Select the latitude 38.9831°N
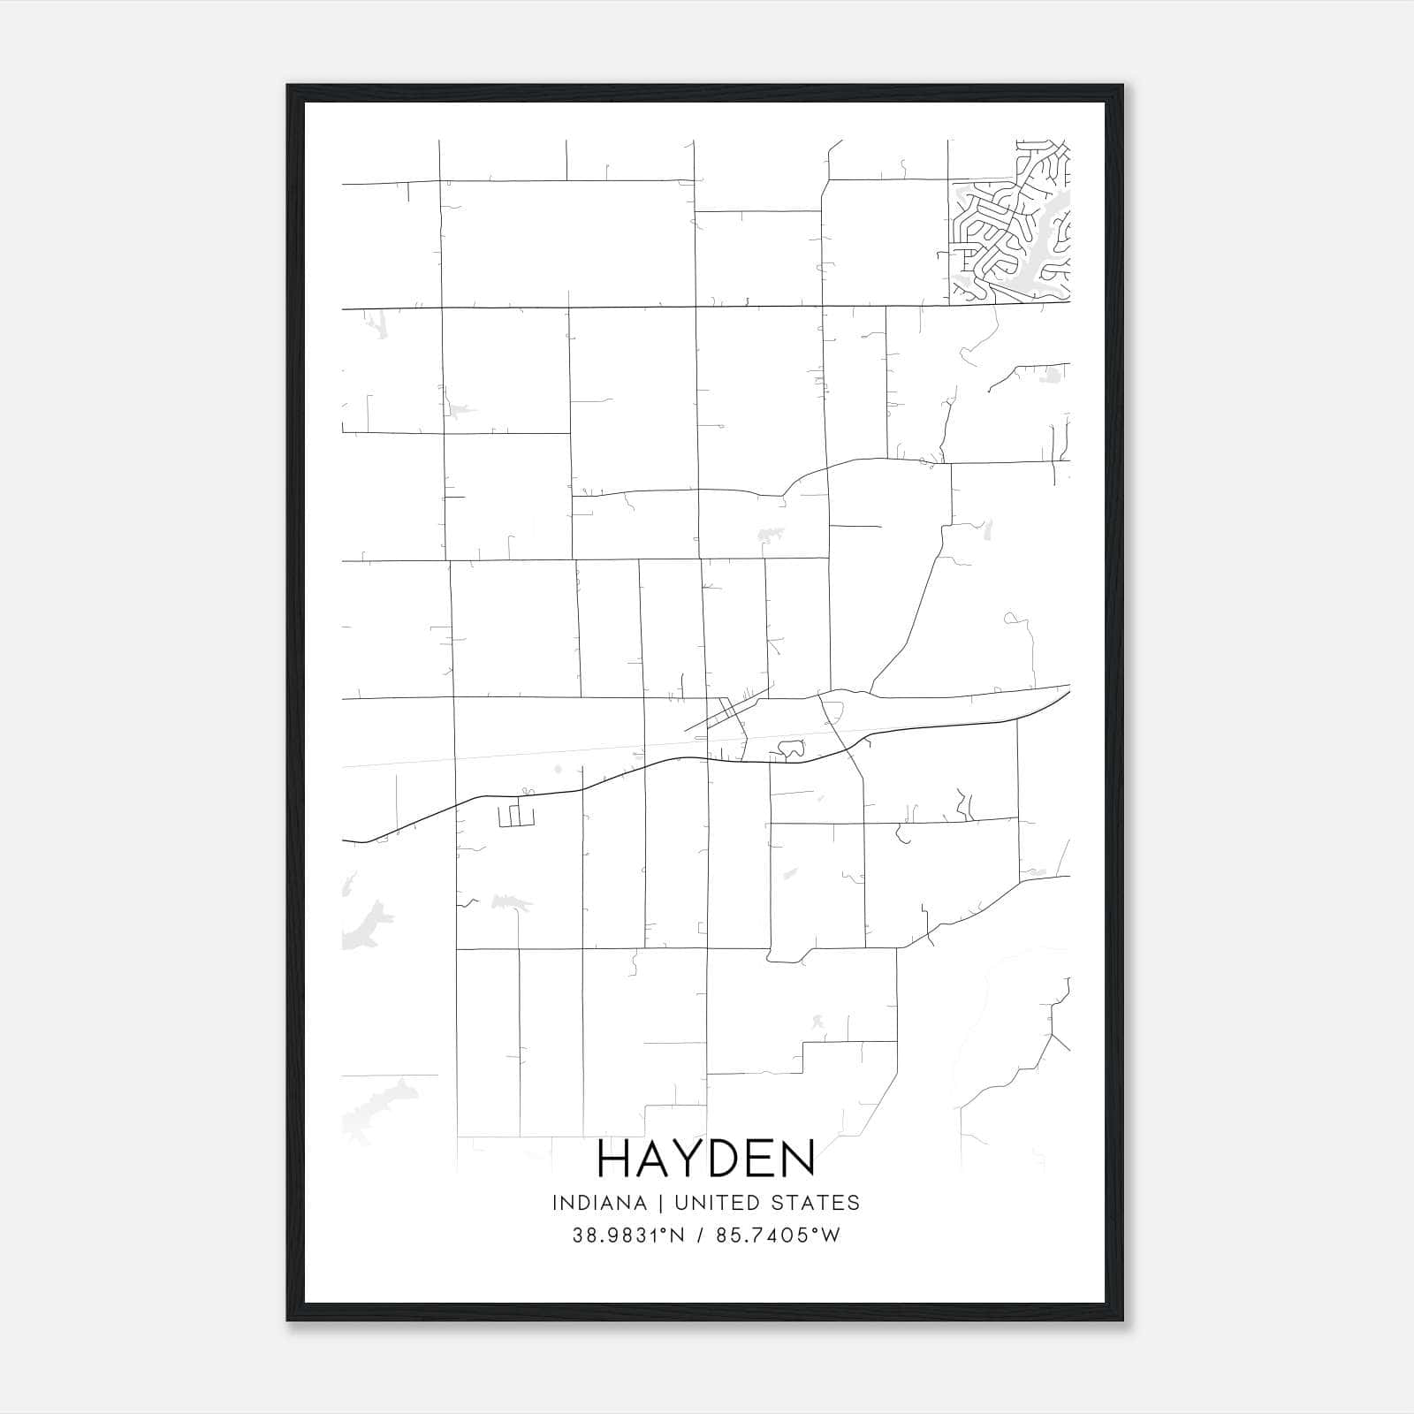(x=628, y=1235)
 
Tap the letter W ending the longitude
(x=831, y=1235)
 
